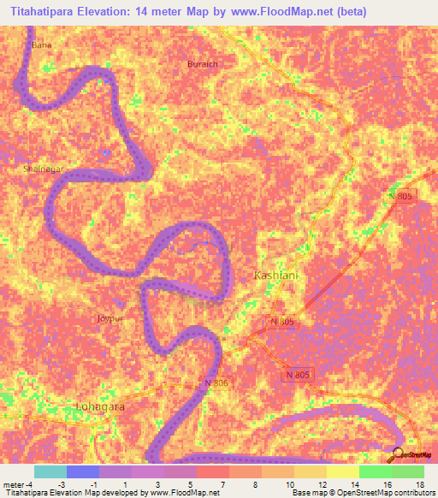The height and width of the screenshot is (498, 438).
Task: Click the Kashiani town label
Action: [x=274, y=275]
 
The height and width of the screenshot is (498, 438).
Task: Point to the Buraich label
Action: [x=203, y=64]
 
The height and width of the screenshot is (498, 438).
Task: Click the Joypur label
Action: [x=111, y=318]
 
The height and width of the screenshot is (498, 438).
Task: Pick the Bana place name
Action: [x=40, y=44]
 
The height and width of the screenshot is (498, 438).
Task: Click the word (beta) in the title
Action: [x=352, y=12]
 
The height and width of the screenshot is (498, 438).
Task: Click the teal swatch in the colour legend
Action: [x=50, y=471]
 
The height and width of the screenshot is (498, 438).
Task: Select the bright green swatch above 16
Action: [x=375, y=471]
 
